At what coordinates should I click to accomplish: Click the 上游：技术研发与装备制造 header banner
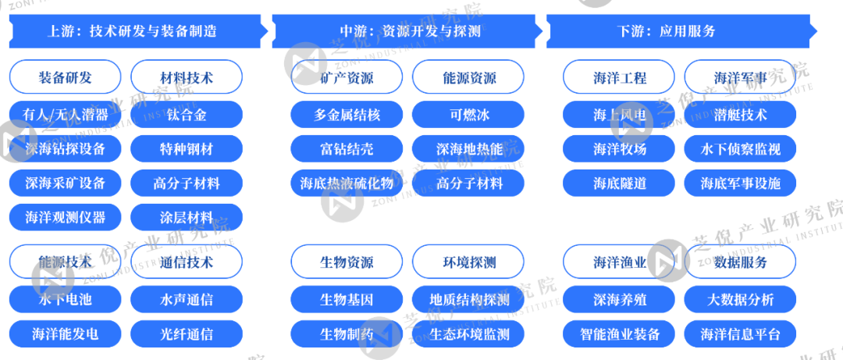[x=133, y=32]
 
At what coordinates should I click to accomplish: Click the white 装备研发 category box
[x=66, y=77]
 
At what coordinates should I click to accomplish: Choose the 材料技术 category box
[x=187, y=77]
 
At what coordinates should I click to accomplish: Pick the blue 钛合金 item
[x=187, y=115]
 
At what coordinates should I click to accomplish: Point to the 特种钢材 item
[x=187, y=148]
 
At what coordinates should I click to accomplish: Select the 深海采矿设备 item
[x=66, y=184]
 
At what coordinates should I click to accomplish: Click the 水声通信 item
[x=187, y=299]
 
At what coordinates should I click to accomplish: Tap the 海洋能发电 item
[x=66, y=334]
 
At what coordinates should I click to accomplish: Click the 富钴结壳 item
[x=347, y=148]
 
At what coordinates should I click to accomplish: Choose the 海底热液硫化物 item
[x=347, y=184]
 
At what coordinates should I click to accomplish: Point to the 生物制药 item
[x=347, y=334]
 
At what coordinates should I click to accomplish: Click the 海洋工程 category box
[x=620, y=77]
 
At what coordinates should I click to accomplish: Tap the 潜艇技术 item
[x=741, y=115]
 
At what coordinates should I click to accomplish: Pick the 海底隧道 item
[x=620, y=184]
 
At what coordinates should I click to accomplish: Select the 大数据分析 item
[x=741, y=299]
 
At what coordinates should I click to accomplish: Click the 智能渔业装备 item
[x=620, y=334]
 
